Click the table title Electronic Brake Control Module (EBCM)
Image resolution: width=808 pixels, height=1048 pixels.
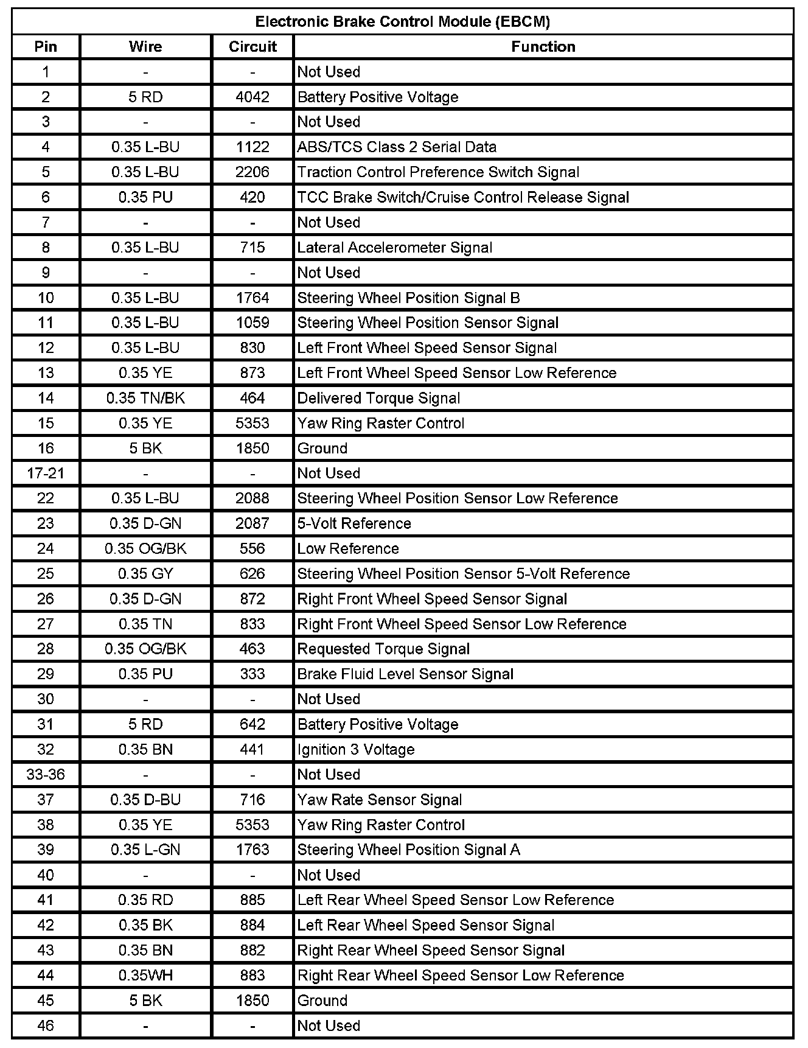402,22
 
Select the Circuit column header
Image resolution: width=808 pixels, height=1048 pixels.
252,47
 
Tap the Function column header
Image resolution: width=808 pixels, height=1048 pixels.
543,47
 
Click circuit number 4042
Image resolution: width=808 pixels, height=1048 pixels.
252,97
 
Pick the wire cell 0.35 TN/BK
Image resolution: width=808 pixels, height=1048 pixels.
145,399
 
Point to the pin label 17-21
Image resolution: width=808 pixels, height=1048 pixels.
46,473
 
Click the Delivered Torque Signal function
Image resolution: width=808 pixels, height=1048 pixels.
378,399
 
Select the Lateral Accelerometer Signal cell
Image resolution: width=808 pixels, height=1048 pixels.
394,248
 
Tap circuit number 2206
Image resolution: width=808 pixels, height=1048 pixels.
252,172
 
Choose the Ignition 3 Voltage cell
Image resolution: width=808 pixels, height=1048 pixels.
356,750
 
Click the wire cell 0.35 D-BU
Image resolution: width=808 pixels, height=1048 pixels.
145,800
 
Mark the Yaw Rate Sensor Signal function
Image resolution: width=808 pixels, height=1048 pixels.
379,800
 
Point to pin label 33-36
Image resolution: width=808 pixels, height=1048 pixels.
46,775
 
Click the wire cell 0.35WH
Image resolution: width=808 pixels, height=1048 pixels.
145,976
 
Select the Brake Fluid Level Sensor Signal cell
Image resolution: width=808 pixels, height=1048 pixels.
405,674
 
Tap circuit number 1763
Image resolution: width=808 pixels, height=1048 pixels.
252,850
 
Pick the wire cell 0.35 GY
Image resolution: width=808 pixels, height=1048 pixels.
145,574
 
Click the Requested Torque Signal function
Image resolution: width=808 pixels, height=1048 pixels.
383,649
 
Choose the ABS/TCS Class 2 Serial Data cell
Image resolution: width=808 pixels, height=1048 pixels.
397,147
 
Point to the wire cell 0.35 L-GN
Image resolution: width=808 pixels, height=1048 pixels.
145,850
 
